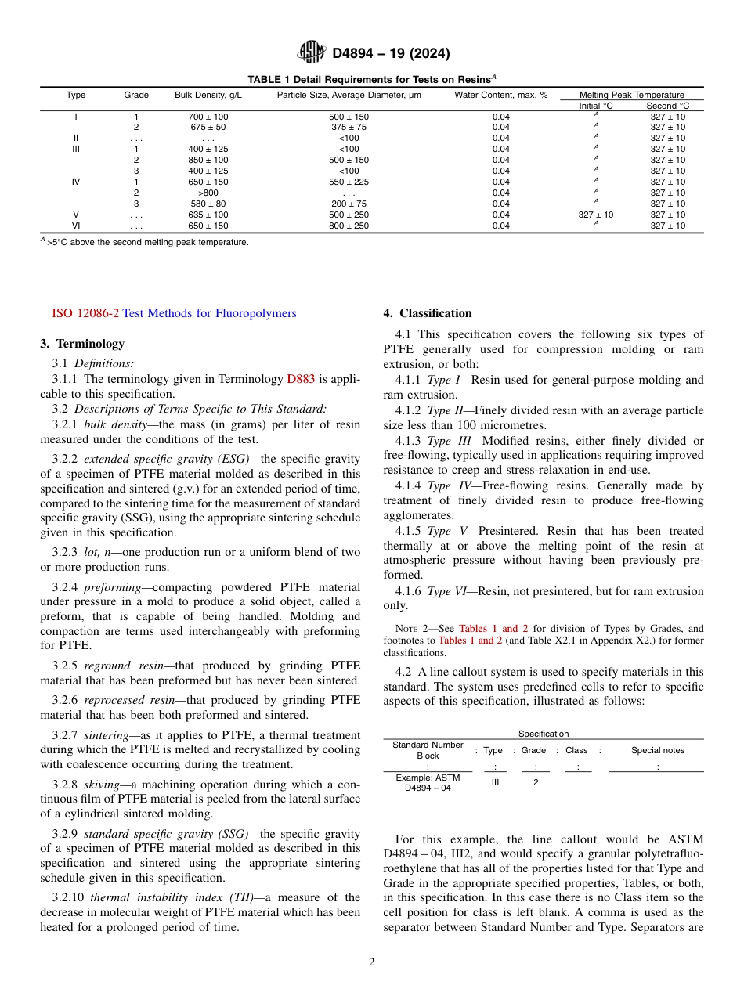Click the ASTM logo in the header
pos(312,52)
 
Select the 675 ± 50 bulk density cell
pos(208,127)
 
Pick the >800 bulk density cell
pos(208,193)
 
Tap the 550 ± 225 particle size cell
pos(349,182)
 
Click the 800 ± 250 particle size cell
pos(349,226)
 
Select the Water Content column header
pos(500,95)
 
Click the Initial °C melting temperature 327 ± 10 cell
pos(596,215)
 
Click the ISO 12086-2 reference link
pos(85,313)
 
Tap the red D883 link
pos(301,379)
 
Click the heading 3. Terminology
pos(82,343)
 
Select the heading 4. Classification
pos(428,313)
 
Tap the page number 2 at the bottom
pos(372,962)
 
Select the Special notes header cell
pos(658,750)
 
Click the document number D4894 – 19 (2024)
pos(391,53)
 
